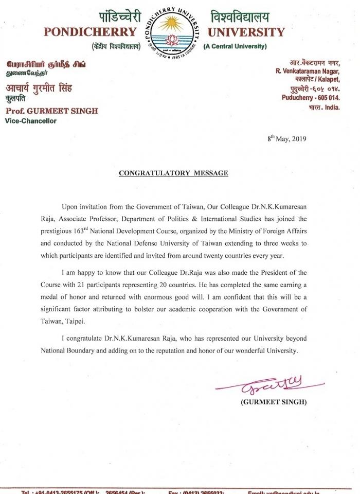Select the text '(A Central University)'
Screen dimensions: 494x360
(x=235, y=46)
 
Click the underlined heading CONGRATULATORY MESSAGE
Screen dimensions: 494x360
(x=173, y=173)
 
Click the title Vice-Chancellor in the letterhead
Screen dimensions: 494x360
(x=31, y=121)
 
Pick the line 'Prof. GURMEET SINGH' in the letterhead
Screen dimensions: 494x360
(x=51, y=112)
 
